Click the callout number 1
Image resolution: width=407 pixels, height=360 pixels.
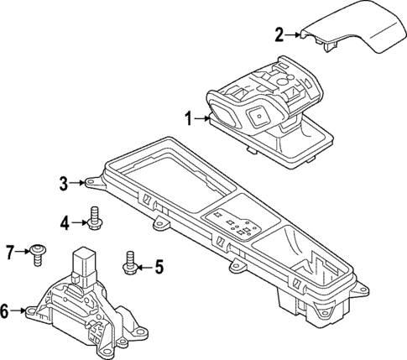point(189,118)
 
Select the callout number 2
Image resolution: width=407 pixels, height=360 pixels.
point(279,34)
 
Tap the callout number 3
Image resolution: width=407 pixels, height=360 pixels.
point(63,182)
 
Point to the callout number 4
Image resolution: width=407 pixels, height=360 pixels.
point(64,222)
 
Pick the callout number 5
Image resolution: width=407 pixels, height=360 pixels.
point(159,268)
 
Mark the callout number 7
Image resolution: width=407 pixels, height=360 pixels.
point(11,250)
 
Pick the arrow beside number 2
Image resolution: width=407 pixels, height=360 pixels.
point(295,35)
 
